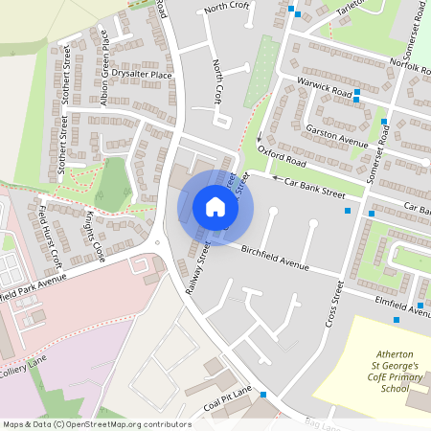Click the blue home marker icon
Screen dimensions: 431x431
click(x=215, y=207)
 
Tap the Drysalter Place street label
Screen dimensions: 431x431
click(x=141, y=74)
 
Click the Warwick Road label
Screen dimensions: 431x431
click(x=325, y=87)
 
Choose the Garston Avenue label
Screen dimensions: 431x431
click(x=336, y=135)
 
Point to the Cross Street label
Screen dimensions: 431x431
click(x=334, y=305)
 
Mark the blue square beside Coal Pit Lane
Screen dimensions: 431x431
click(x=262, y=395)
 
